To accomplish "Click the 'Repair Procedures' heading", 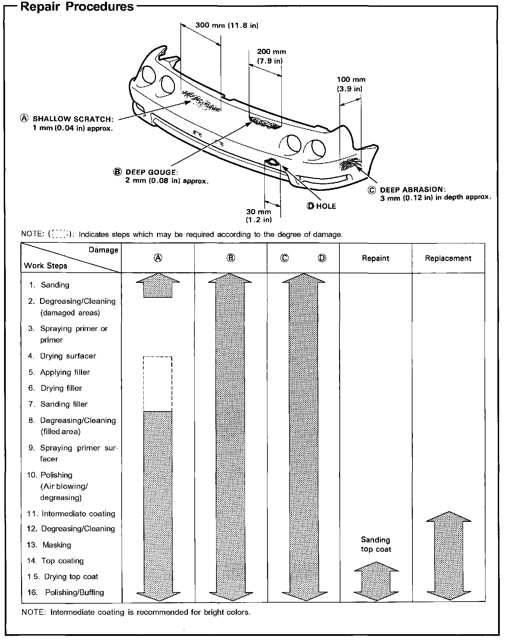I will click(x=77, y=7).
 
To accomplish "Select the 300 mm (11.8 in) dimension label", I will click(x=227, y=25).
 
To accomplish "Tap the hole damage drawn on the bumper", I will click(x=273, y=162).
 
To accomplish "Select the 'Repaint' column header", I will click(x=375, y=258).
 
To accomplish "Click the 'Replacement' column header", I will click(x=448, y=258).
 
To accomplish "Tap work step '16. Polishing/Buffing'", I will click(x=66, y=592).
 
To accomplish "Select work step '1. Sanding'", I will click(x=50, y=285).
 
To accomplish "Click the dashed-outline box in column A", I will click(x=158, y=384).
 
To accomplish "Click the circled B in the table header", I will click(x=231, y=258).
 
